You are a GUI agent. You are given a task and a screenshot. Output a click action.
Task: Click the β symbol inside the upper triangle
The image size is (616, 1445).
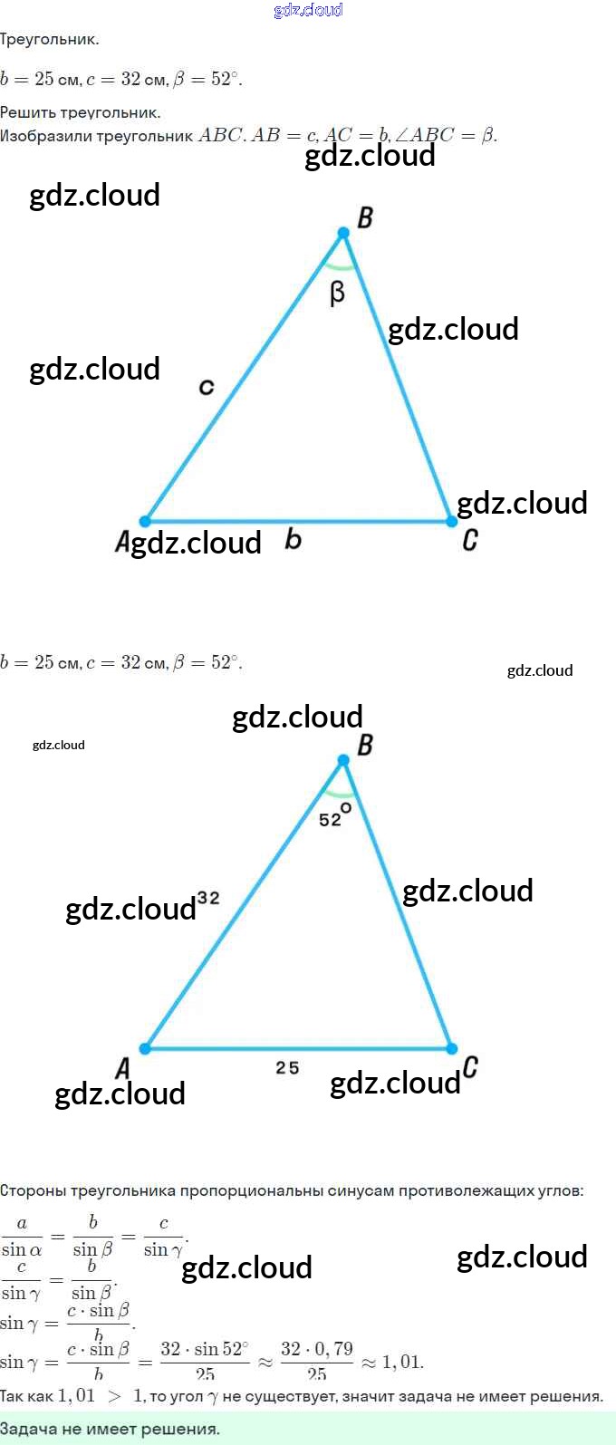(x=337, y=294)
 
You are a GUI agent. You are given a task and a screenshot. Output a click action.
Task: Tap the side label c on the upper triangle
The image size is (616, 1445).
(x=207, y=388)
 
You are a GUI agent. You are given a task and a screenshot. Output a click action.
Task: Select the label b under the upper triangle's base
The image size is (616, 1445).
(x=293, y=540)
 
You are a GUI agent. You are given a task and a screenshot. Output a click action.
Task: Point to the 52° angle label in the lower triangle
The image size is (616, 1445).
(x=334, y=815)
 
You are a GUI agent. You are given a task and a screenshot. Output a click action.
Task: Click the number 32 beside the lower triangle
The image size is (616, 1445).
(x=208, y=898)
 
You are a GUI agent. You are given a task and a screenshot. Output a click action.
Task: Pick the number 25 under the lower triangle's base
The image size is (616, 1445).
(x=287, y=1068)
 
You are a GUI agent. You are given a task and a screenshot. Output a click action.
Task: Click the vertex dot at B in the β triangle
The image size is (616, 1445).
(x=343, y=234)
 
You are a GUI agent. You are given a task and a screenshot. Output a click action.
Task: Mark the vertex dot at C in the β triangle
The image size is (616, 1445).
(x=451, y=521)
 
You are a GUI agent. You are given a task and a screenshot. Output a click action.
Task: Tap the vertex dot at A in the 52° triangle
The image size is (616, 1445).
(x=145, y=1049)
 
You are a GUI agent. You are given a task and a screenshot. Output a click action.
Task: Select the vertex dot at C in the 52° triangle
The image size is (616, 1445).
(x=451, y=1048)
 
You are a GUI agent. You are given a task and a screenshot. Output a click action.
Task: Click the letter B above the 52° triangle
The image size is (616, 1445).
(x=365, y=745)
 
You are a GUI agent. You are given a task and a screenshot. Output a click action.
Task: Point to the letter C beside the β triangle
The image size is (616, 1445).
(x=470, y=540)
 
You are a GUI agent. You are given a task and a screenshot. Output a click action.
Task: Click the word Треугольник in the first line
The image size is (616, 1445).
(x=50, y=40)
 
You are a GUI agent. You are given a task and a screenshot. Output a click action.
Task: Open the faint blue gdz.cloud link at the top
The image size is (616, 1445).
(x=308, y=10)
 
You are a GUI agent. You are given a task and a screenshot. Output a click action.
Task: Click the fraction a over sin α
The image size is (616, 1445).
(x=22, y=1237)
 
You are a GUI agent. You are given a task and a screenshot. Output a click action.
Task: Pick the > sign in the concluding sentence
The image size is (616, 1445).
(x=114, y=1396)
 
